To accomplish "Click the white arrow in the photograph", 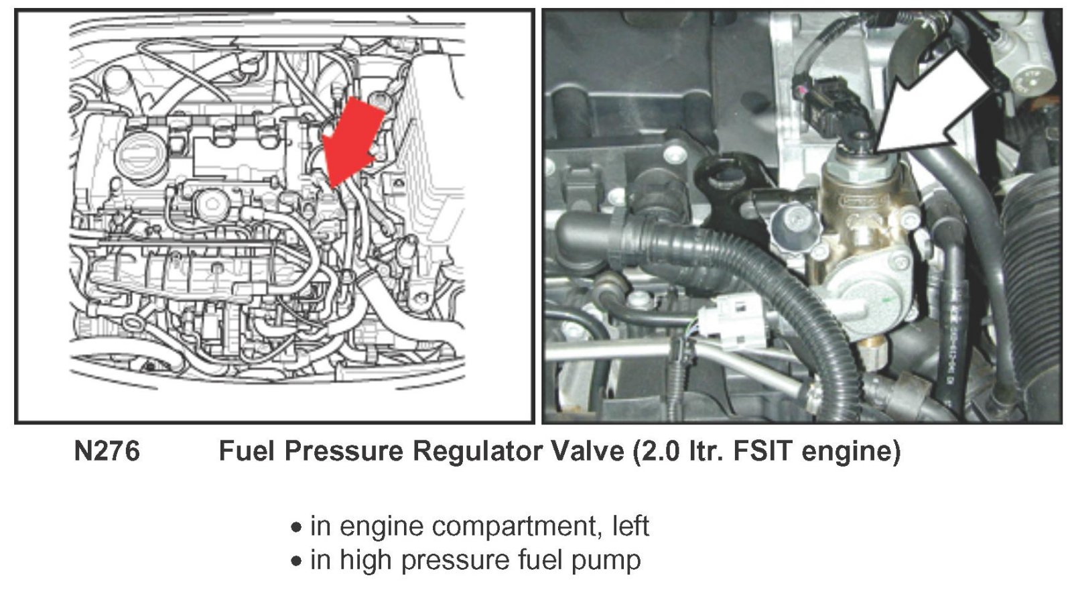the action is coord(933,105).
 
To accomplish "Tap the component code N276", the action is coord(107,451).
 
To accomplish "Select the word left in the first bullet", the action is coord(630,526).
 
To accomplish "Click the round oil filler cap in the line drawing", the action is coord(141,154).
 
